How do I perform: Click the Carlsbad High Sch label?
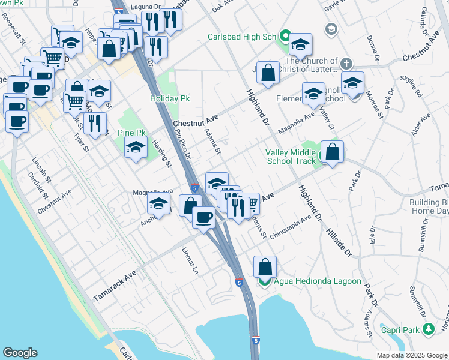coord(241,37)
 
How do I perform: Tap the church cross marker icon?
coord(346,63)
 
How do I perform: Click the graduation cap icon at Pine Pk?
coord(136,148)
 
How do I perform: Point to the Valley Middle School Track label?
coord(291,157)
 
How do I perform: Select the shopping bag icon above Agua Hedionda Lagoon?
coord(265,267)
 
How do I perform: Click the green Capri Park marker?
coord(428,329)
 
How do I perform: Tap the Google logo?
coord(20,353)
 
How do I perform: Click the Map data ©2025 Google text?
coord(412,355)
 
